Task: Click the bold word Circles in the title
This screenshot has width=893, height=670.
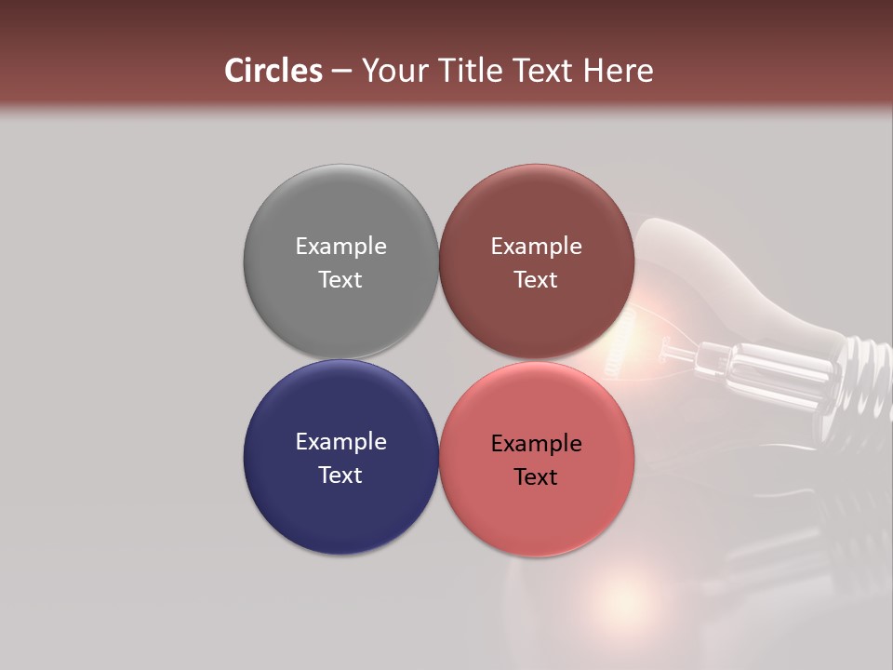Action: click(x=273, y=71)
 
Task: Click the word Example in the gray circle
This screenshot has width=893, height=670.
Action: click(x=340, y=247)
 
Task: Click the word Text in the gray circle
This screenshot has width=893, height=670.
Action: click(x=340, y=280)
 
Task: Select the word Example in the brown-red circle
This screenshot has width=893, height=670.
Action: click(x=536, y=247)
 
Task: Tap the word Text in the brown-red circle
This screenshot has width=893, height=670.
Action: click(x=536, y=280)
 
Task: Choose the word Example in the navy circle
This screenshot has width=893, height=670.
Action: click(x=340, y=442)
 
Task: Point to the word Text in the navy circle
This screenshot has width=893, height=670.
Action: click(x=340, y=476)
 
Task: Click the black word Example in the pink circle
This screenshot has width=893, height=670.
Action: click(x=536, y=444)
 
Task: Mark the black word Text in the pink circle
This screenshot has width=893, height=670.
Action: click(x=536, y=477)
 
